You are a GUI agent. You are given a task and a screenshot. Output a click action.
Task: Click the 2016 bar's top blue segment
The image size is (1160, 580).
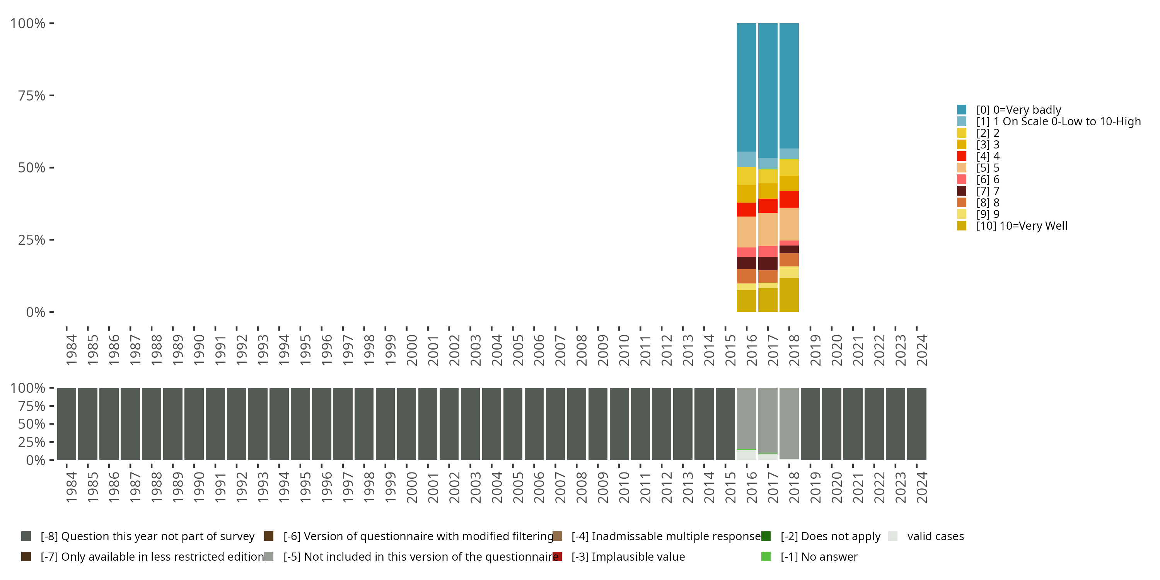746,87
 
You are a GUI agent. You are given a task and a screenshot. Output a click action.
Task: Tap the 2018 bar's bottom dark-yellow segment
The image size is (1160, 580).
789,295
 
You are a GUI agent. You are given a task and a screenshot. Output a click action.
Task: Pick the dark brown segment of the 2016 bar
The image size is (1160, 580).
746,263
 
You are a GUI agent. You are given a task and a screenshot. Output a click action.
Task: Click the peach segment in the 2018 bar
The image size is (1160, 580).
789,224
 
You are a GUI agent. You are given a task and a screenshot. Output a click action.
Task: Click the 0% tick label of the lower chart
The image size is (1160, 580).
36,460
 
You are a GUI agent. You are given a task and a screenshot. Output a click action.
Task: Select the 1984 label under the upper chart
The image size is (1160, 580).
71,350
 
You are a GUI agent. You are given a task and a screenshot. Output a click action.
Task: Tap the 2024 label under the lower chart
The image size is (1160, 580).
921,487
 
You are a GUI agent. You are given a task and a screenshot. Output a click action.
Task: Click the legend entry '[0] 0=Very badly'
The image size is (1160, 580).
1018,110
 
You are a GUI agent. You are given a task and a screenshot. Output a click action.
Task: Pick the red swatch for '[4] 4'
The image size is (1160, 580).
961,156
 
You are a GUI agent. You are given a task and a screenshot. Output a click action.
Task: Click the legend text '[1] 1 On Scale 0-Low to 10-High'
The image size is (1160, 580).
1058,121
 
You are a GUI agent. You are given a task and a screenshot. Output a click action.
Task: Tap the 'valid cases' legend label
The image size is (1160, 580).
935,536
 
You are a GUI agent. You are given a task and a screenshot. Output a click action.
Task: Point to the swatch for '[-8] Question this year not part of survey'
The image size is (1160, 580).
26,536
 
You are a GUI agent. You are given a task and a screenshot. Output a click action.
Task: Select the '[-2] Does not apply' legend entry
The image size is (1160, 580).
830,536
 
